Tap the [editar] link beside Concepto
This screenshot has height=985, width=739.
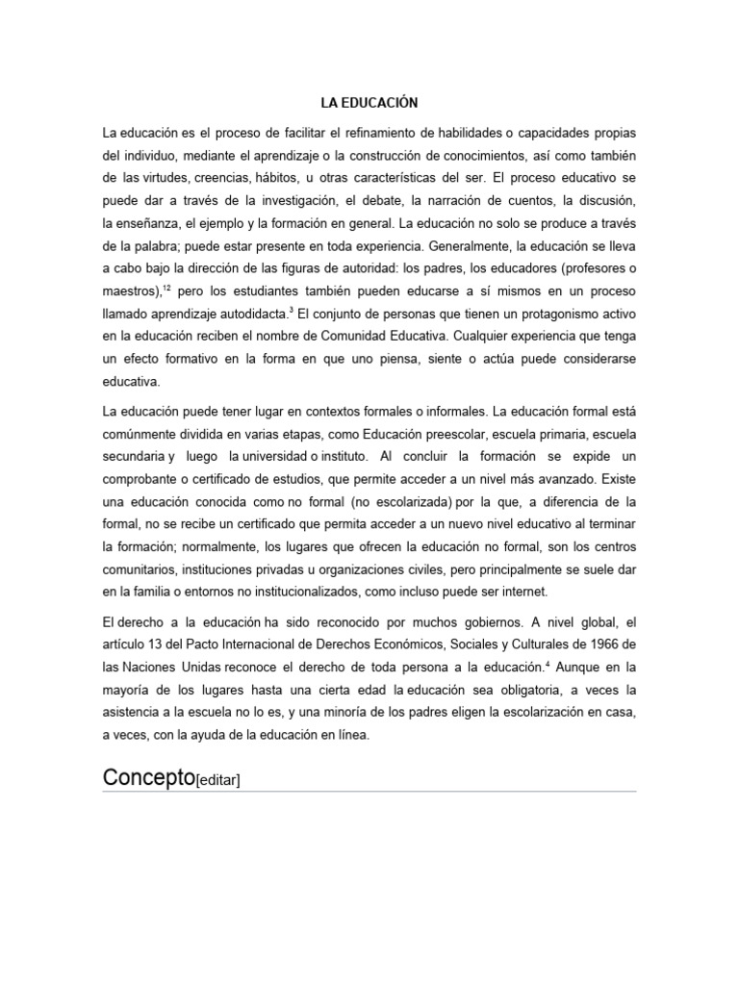tap(217, 780)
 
